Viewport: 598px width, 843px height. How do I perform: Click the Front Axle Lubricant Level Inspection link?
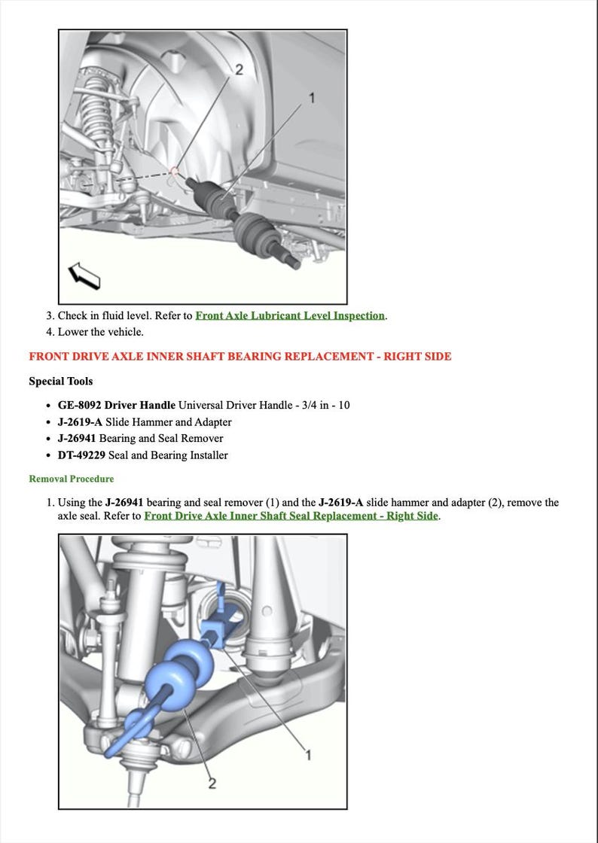(x=290, y=316)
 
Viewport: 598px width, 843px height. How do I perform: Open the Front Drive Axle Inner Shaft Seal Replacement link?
(x=291, y=516)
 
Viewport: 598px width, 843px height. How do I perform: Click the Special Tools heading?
(x=60, y=381)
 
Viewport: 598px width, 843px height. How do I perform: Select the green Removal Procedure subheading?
(x=72, y=479)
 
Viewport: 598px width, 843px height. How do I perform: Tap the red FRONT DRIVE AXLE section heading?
(x=240, y=356)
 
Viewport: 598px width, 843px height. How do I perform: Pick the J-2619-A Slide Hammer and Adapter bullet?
(x=145, y=422)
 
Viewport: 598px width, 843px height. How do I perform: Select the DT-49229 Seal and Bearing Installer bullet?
(x=142, y=455)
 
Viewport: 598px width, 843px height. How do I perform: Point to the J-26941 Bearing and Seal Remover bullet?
(x=140, y=439)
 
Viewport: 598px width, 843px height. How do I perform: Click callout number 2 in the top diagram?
(x=239, y=70)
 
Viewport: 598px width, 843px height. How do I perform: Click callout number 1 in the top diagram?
(x=312, y=98)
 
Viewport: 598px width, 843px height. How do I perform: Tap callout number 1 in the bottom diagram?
(x=307, y=754)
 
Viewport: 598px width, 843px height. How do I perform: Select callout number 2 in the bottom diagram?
(x=212, y=784)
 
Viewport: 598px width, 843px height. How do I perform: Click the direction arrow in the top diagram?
(x=84, y=275)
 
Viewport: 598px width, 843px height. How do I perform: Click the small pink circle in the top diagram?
(x=175, y=171)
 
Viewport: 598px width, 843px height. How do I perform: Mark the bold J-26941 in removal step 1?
(x=124, y=503)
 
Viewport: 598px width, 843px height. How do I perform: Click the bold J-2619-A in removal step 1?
(x=341, y=503)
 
